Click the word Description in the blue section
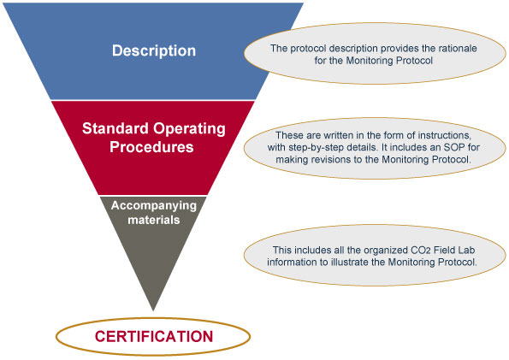154,51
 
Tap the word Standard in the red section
115,128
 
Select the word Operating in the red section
190,129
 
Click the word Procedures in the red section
151,147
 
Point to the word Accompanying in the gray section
154,206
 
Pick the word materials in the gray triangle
153,220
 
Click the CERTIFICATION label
154,336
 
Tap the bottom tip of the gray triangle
153,310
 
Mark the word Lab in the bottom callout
467,251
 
